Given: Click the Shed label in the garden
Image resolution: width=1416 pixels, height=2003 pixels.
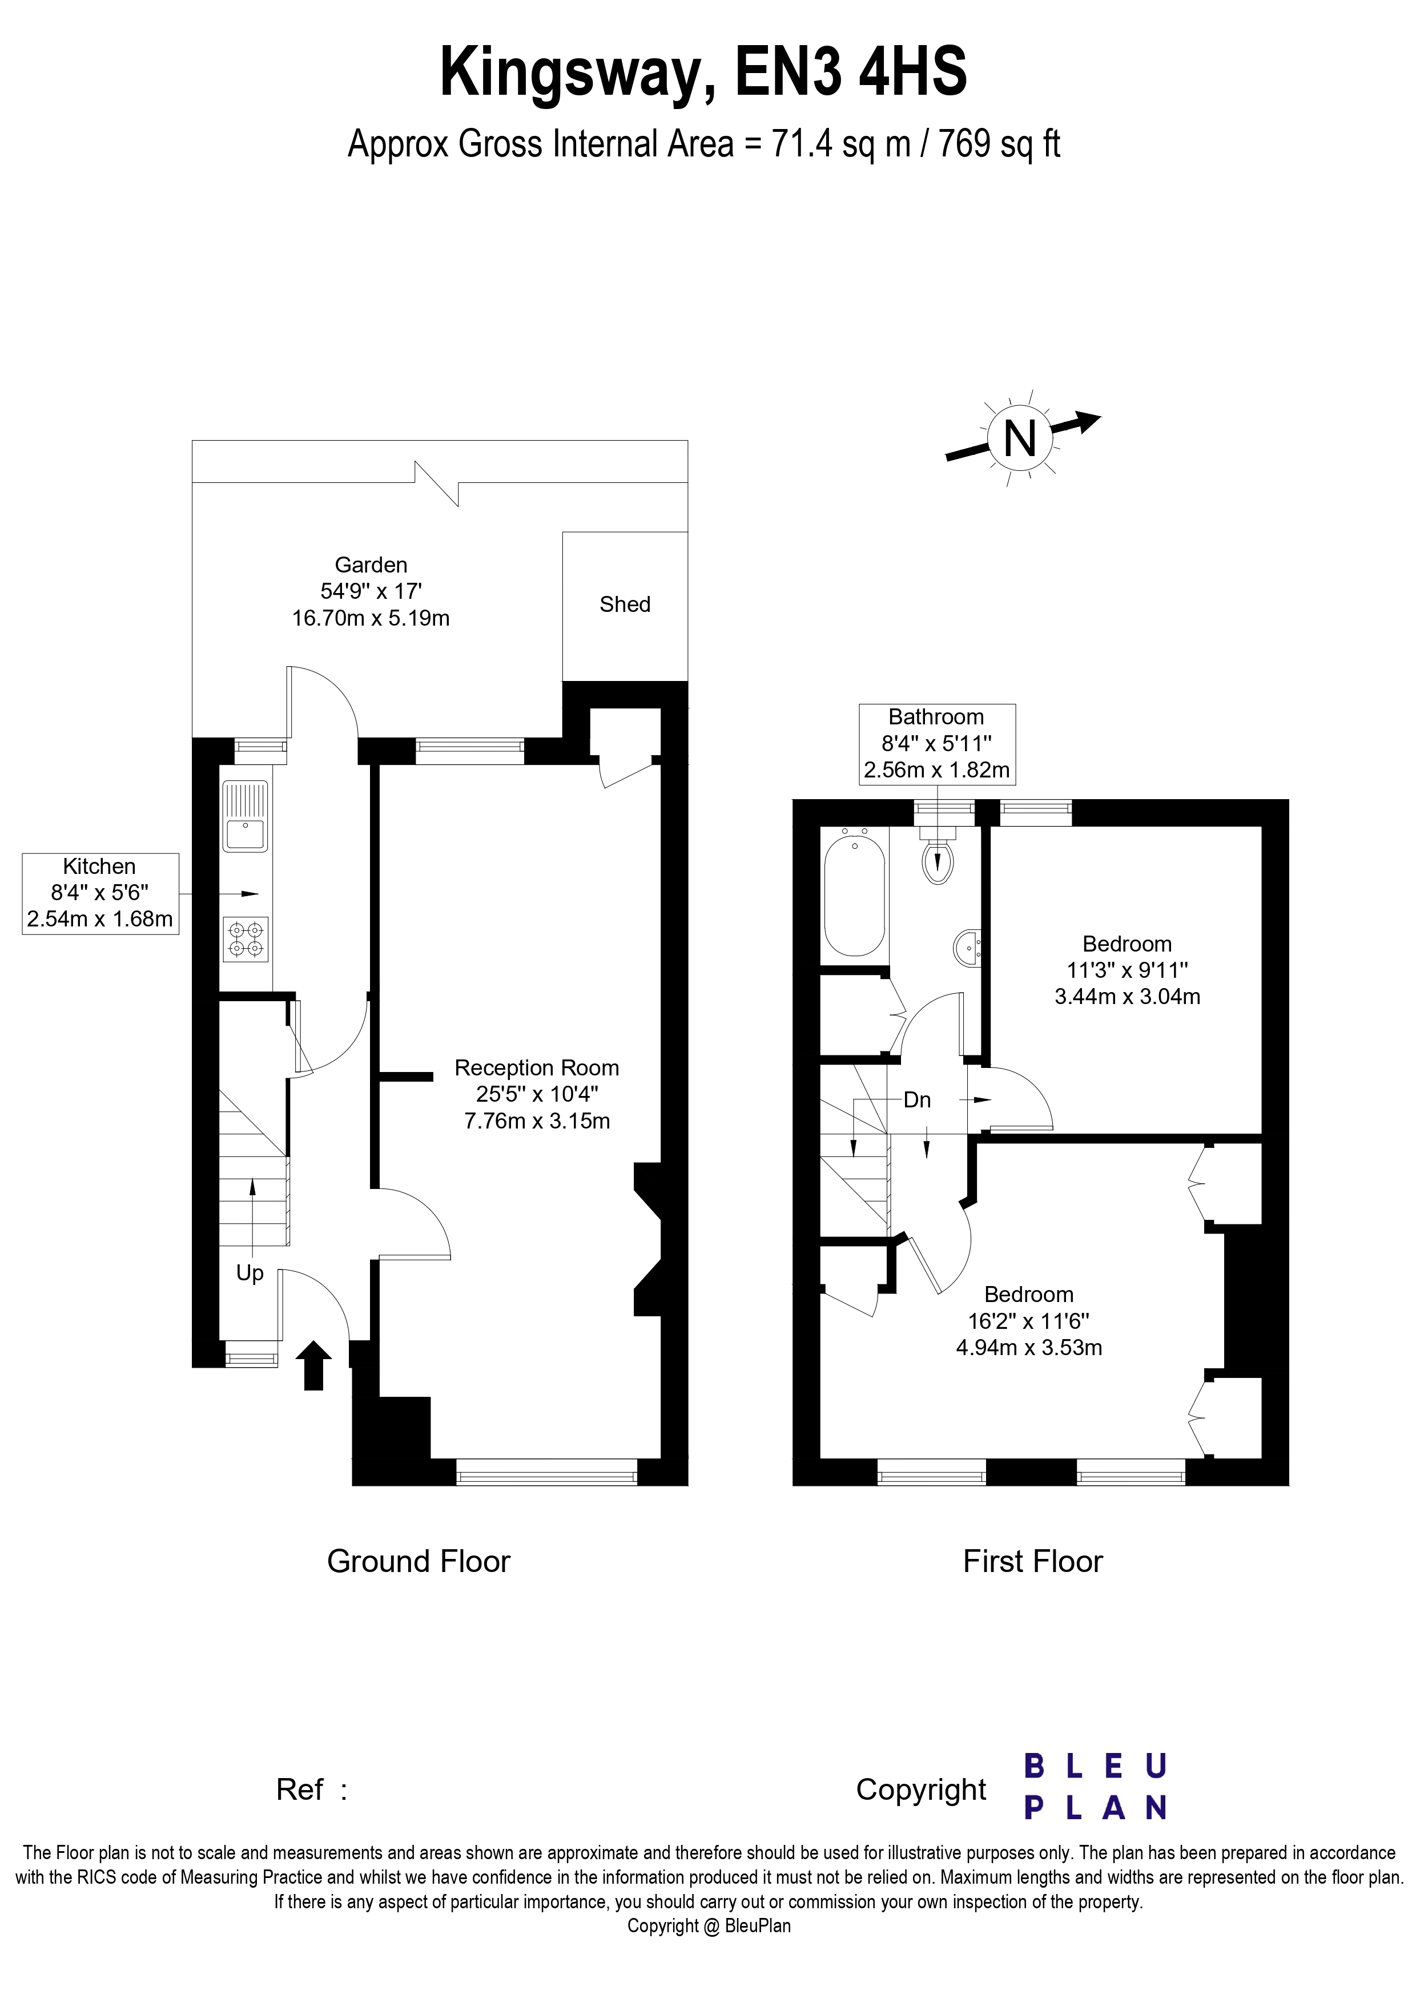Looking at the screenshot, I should (x=625, y=604).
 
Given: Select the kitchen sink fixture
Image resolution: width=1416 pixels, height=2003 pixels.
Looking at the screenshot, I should (x=245, y=816).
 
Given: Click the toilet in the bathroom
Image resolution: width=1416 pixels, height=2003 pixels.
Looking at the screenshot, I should (x=938, y=859).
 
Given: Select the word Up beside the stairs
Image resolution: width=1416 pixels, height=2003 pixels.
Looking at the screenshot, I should (x=250, y=1273).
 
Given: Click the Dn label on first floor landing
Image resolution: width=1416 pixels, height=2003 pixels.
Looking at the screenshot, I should (x=917, y=1100).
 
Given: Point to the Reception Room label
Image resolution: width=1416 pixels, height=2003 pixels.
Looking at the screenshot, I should (x=537, y=1068).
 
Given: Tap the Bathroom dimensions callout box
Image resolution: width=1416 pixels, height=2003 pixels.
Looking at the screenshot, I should (x=936, y=744).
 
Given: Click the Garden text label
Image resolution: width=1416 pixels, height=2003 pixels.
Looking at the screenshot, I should (x=371, y=565).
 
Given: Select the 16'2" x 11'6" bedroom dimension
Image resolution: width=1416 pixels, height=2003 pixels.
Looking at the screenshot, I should (x=1029, y=1321).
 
